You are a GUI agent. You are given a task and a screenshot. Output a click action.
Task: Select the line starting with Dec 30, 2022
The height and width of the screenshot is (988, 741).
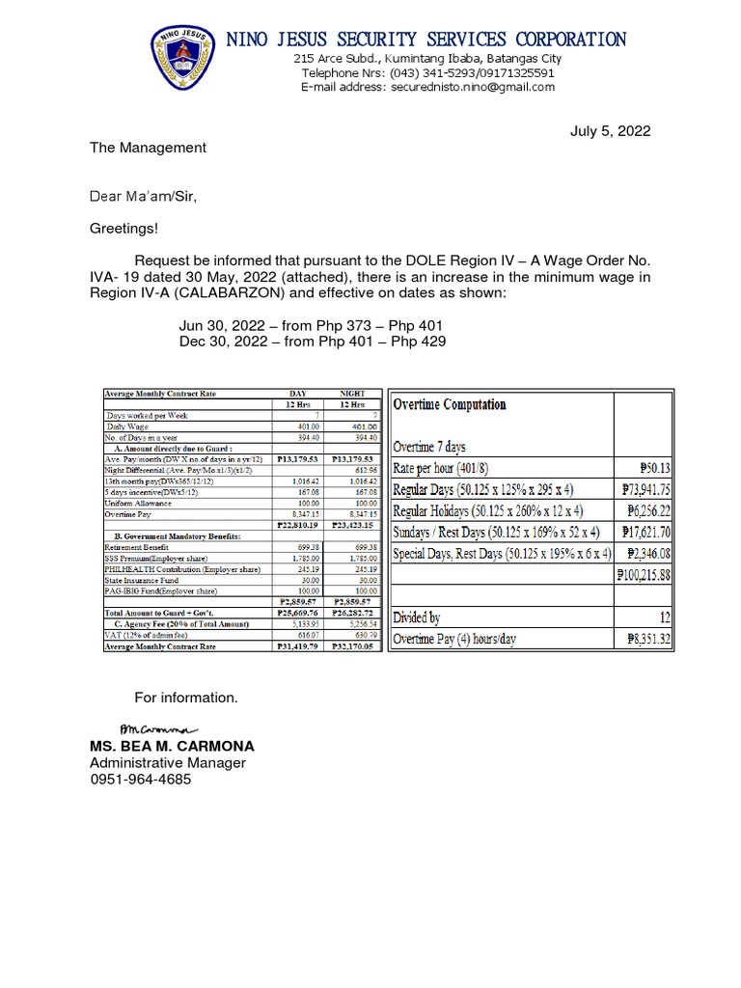312,342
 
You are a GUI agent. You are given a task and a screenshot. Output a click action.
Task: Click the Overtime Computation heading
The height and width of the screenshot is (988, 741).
449,404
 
